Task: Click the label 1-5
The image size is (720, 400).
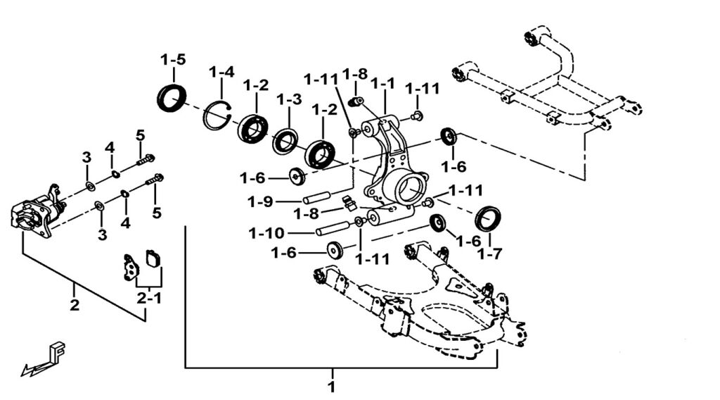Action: [173, 59]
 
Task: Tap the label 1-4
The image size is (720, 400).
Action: [221, 72]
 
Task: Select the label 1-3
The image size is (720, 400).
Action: [289, 100]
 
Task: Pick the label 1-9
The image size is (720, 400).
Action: [260, 201]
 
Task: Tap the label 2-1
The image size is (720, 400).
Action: [148, 298]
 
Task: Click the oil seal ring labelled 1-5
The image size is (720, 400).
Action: [172, 97]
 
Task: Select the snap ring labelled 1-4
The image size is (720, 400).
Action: [218, 115]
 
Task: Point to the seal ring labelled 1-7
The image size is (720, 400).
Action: [487, 218]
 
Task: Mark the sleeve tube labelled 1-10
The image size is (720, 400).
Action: [333, 228]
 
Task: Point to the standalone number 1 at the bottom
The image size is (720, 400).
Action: [331, 386]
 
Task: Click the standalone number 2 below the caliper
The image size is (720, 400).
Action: [74, 306]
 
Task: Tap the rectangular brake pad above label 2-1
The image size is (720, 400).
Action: [153, 258]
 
